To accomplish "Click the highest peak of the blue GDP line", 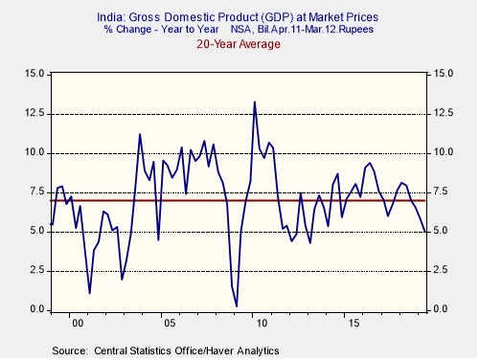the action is click(x=255, y=101).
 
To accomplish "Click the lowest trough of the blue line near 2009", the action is click(x=237, y=306).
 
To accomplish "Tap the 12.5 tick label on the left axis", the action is click(x=34, y=114).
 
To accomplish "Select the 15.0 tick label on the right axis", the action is click(x=444, y=74).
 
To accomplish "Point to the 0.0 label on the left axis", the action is click(x=36, y=309).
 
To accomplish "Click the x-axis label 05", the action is click(x=170, y=324).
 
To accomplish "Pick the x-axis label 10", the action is click(x=262, y=324).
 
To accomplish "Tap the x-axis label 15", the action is click(x=354, y=324).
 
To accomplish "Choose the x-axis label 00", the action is click(x=78, y=324).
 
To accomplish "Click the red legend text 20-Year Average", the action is click(x=239, y=44).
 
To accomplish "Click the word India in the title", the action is click(x=110, y=17).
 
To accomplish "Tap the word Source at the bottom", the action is click(x=69, y=350).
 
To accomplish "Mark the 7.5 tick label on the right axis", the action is click(x=444, y=191).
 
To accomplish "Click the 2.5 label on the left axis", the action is click(x=36, y=270).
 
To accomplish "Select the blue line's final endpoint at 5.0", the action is click(x=424, y=232).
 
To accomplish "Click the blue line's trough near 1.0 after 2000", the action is click(x=90, y=293).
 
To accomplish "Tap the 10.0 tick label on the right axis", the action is click(x=444, y=152).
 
